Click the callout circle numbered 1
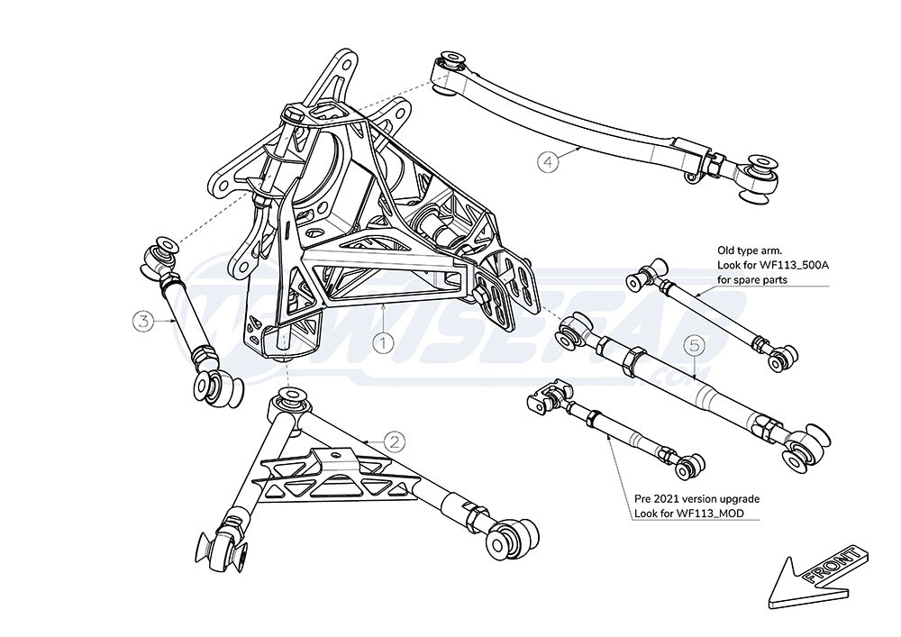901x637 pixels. (x=384, y=342)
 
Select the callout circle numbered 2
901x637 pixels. (x=395, y=441)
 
